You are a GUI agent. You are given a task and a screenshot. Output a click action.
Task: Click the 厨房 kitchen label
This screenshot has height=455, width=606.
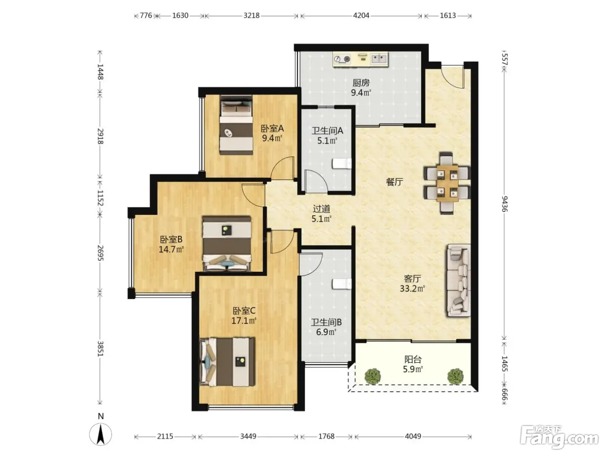361,83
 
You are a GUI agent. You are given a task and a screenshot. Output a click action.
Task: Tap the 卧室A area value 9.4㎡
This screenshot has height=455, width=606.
272,138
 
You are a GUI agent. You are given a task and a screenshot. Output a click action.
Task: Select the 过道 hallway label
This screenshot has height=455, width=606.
321,208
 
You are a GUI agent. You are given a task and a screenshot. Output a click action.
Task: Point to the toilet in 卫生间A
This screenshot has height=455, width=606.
342,163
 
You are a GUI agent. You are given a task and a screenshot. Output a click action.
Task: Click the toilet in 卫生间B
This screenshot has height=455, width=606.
342,284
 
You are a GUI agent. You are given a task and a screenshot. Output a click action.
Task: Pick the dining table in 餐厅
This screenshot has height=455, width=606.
447,183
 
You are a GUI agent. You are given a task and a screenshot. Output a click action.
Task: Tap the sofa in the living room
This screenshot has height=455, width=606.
458,280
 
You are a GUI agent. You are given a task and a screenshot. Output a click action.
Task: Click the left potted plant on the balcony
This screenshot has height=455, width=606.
373,376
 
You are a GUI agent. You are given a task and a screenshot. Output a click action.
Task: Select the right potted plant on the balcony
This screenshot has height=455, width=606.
455,376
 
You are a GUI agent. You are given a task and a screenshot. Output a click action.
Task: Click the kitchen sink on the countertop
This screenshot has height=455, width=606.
379,58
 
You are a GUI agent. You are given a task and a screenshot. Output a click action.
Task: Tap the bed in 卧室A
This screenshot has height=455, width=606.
237,125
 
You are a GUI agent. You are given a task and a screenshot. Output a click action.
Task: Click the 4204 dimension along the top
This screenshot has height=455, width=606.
361,16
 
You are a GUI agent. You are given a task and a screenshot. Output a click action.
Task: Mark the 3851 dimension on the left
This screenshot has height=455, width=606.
100,349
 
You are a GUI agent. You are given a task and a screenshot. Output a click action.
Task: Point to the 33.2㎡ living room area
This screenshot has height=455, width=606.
412,289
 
